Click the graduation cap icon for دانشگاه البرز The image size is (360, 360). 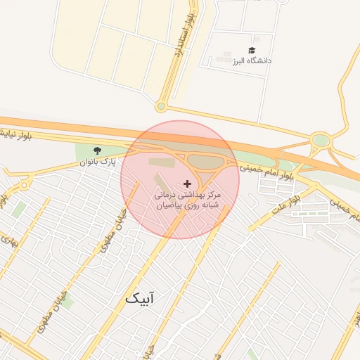click(x=252, y=50)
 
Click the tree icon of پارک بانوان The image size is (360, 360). click(x=97, y=150)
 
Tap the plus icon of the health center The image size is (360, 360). click(x=186, y=183)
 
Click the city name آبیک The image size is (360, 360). click(x=139, y=298)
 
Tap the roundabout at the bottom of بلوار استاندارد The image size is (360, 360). click(x=161, y=107)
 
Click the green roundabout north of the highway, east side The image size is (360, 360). click(x=321, y=140)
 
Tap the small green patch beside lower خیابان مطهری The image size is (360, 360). click(x=67, y=303)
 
